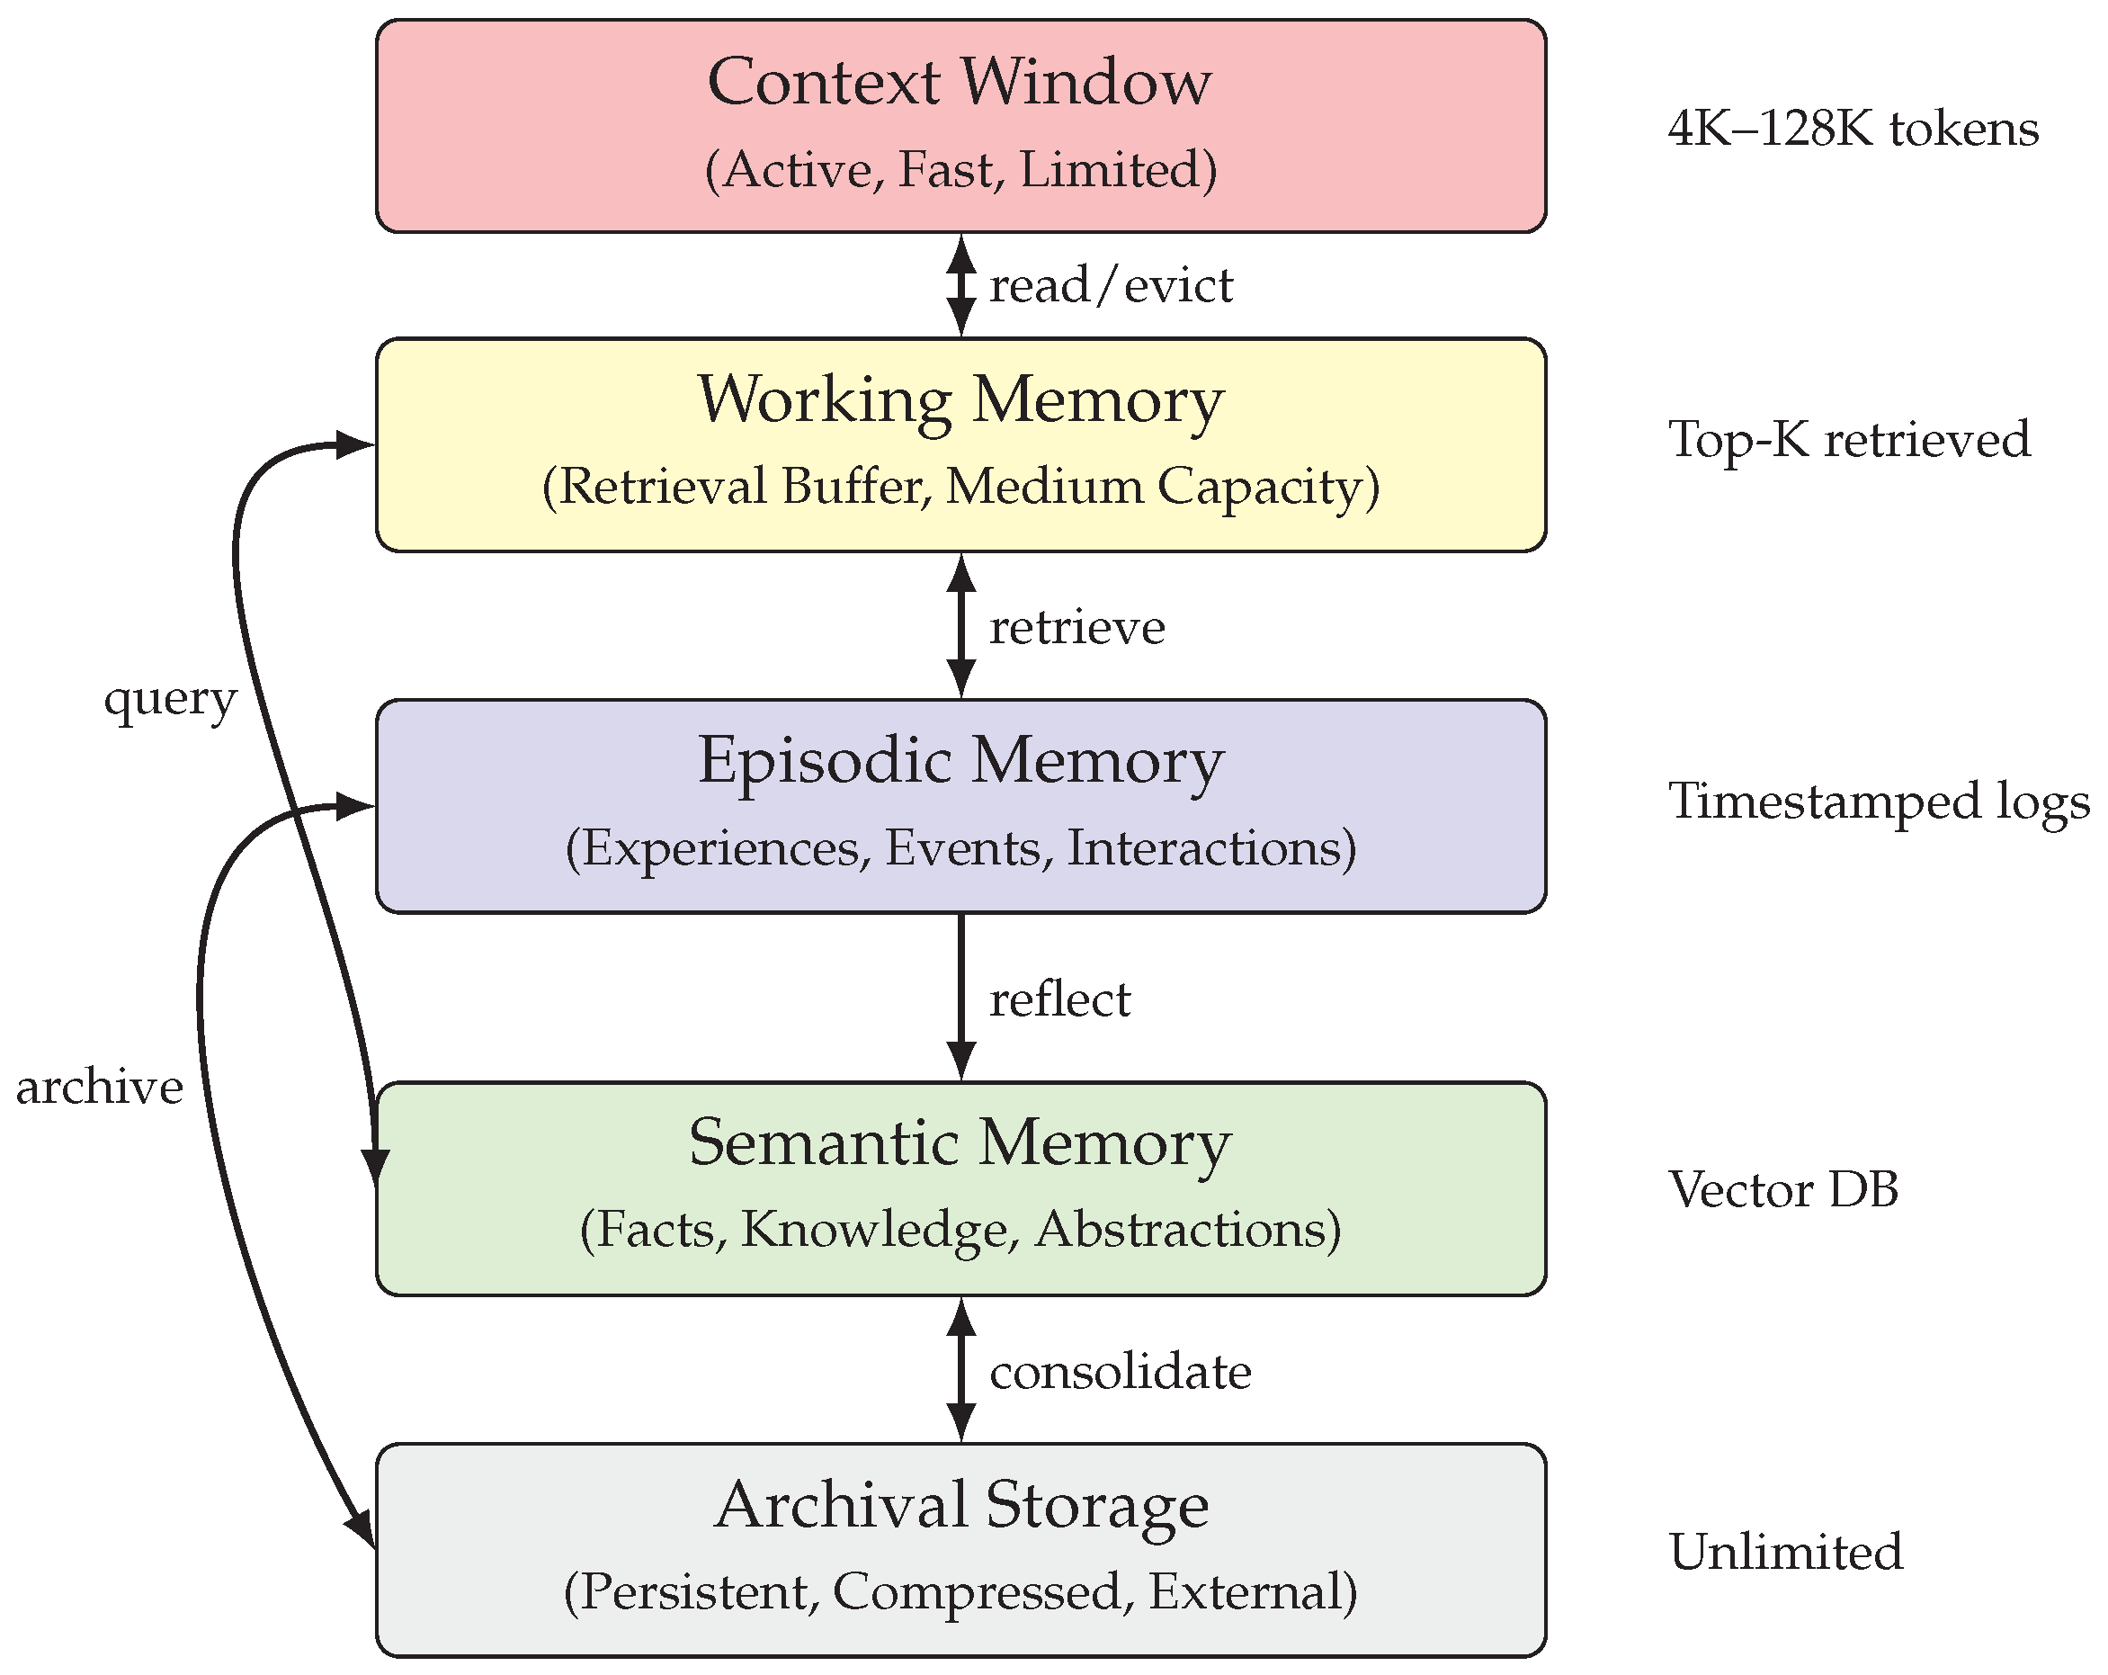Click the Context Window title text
960,82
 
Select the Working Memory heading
960,401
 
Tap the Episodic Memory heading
960,762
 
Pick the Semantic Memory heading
960,1143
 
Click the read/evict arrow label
1111,286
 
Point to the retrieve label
1076,628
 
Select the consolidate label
1120,1372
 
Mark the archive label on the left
100,1088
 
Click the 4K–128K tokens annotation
1853,129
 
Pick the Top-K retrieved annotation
1848,439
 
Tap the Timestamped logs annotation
1877,802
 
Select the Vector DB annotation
1782,1190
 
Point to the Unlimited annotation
1785,1553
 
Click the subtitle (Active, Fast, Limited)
960,170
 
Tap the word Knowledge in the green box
873,1230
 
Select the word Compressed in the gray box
976,1592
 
